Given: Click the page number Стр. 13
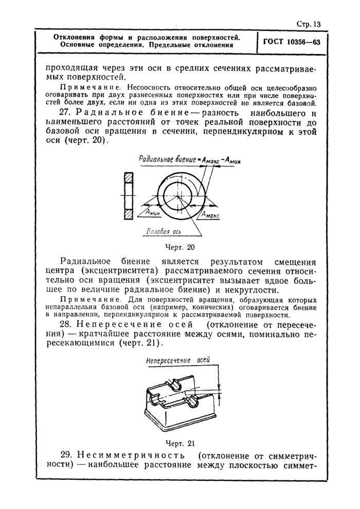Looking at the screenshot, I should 308,24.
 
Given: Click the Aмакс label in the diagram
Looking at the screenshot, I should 210,215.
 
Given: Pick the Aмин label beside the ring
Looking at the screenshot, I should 152,210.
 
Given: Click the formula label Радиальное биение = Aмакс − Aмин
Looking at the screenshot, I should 190,160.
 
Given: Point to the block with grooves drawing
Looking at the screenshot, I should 180,401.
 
